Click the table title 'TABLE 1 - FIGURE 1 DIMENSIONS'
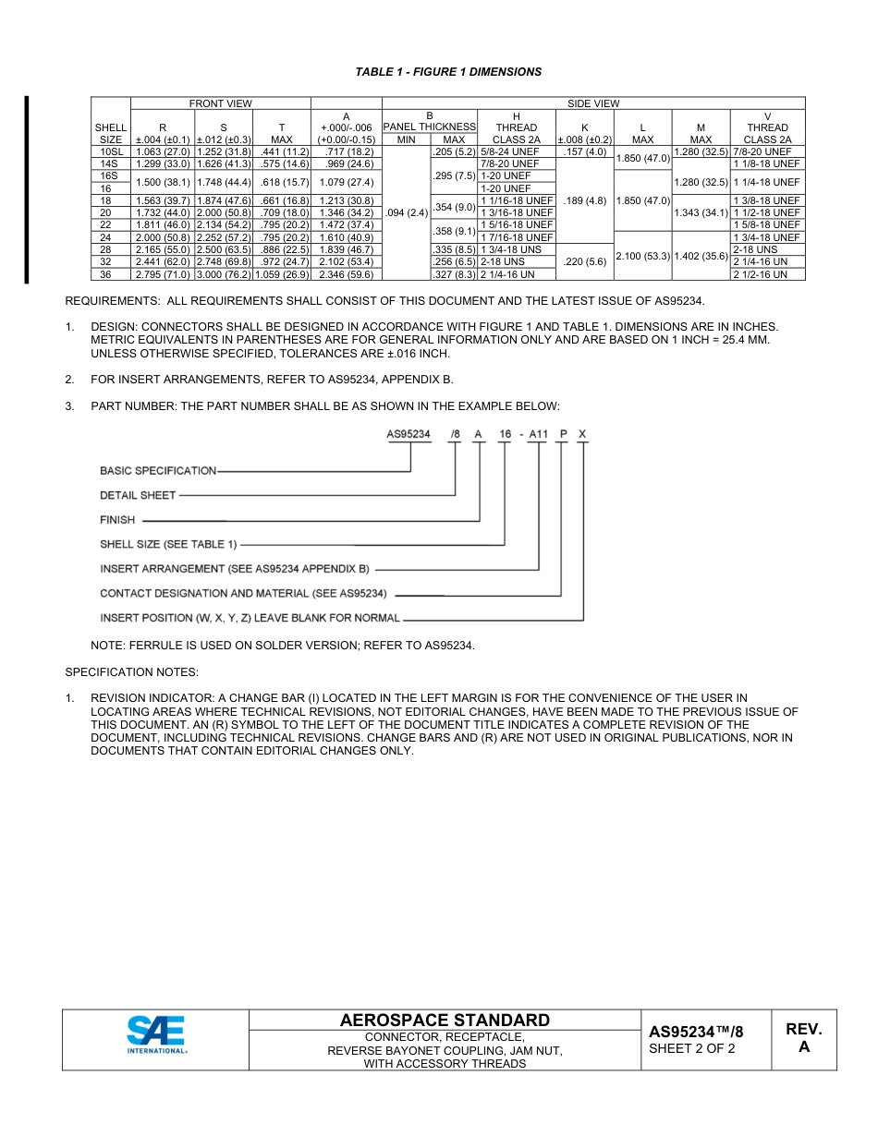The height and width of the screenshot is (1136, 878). click(x=448, y=72)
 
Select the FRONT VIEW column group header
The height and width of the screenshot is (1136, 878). click(x=220, y=103)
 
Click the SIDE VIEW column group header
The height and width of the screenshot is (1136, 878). click(x=592, y=103)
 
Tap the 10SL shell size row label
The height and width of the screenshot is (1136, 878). click(x=111, y=151)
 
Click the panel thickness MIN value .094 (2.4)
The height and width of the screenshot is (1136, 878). click(x=406, y=212)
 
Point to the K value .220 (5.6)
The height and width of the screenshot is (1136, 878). click(x=584, y=261)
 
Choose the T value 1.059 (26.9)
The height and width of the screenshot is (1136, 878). click(x=281, y=274)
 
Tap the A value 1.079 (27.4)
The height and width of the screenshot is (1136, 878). click(x=347, y=182)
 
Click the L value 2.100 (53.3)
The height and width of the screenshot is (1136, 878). click(x=642, y=256)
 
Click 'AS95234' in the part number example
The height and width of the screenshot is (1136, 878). click(x=409, y=435)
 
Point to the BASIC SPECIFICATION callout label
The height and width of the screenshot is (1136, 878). click(x=158, y=471)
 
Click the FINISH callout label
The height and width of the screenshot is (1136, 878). click(x=117, y=520)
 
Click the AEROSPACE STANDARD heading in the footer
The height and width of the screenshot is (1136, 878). click(x=445, y=1020)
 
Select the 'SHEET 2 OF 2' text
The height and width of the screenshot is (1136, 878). click(x=692, y=1048)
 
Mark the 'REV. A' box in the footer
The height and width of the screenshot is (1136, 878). click(x=803, y=1038)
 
